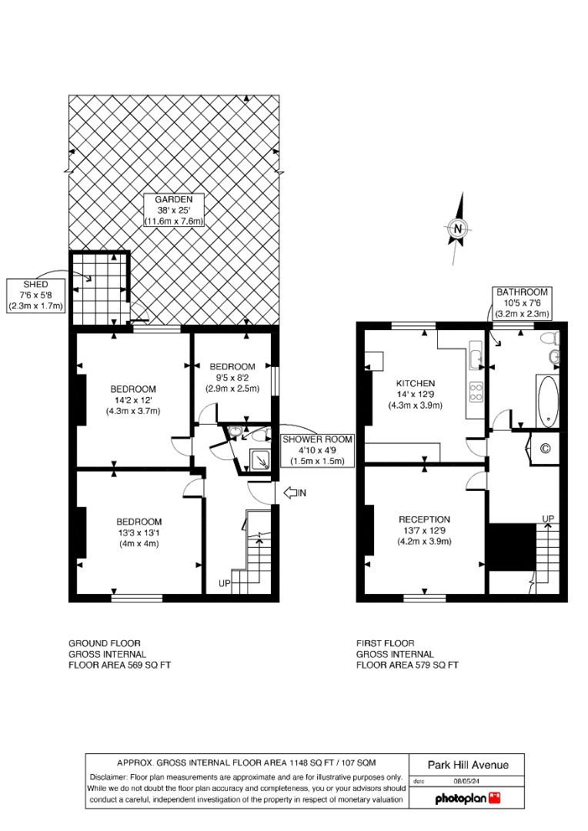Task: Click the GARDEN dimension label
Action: pyautogui.click(x=173, y=210)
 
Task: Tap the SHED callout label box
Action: pyautogui.click(x=36, y=294)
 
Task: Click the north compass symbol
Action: pyautogui.click(x=458, y=228)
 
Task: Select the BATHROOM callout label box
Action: pyautogui.click(x=522, y=303)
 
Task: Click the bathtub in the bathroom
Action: pyautogui.click(x=547, y=401)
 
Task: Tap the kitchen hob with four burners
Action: pyautogui.click(x=476, y=392)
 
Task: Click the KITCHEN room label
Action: pyautogui.click(x=416, y=394)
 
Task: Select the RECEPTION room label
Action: pyautogui.click(x=424, y=530)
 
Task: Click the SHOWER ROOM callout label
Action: pyautogui.click(x=316, y=450)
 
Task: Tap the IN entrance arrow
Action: pyautogui.click(x=296, y=492)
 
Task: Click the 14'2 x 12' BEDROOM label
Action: pyautogui.click(x=133, y=399)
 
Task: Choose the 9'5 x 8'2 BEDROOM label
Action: pyautogui.click(x=231, y=377)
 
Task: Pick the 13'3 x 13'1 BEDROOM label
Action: pyautogui.click(x=139, y=532)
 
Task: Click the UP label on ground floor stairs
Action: pyautogui.click(x=225, y=584)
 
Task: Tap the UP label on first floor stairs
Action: pyautogui.click(x=548, y=519)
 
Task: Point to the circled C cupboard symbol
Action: pyautogui.click(x=546, y=448)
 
